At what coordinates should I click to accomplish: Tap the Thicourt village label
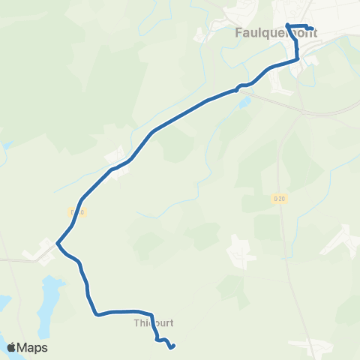coord(153,323)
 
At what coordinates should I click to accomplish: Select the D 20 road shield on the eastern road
coord(279,198)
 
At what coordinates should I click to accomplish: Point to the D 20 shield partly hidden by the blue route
coord(75,212)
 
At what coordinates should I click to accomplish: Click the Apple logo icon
coord(12,347)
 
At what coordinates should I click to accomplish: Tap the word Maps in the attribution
coord(34,347)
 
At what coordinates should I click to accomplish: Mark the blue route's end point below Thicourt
coord(172,346)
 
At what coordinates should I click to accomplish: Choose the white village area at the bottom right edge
coord(322,348)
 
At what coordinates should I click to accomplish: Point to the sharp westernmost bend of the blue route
coord(57,243)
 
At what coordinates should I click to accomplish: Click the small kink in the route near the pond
coord(238,88)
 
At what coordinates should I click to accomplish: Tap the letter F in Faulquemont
coord(239,33)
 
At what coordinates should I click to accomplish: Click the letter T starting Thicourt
coord(136,323)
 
